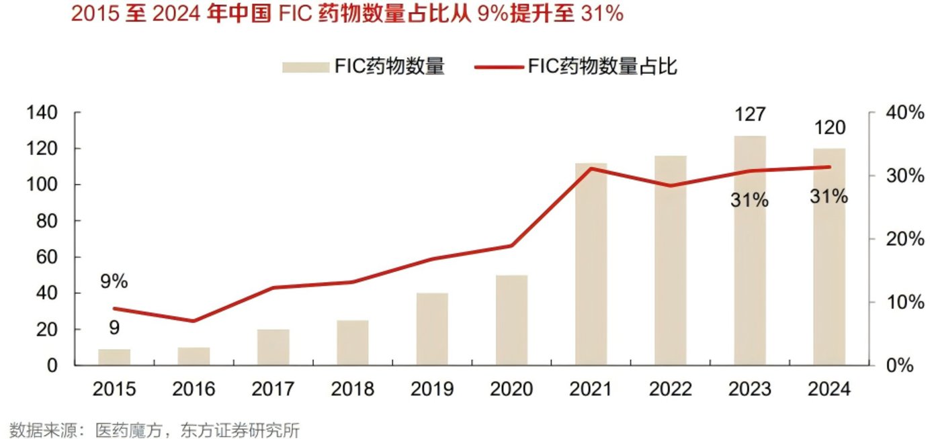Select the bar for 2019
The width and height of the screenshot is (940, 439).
tap(431, 329)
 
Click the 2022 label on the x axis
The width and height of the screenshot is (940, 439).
tap(671, 389)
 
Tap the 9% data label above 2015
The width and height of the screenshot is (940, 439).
tap(114, 282)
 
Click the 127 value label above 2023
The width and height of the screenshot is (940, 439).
tap(750, 115)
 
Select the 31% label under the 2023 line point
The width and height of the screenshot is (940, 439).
tap(750, 200)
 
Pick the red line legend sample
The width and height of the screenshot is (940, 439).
tap(498, 66)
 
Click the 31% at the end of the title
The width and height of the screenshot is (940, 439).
tap(601, 14)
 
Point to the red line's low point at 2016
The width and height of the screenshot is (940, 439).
tap(194, 321)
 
